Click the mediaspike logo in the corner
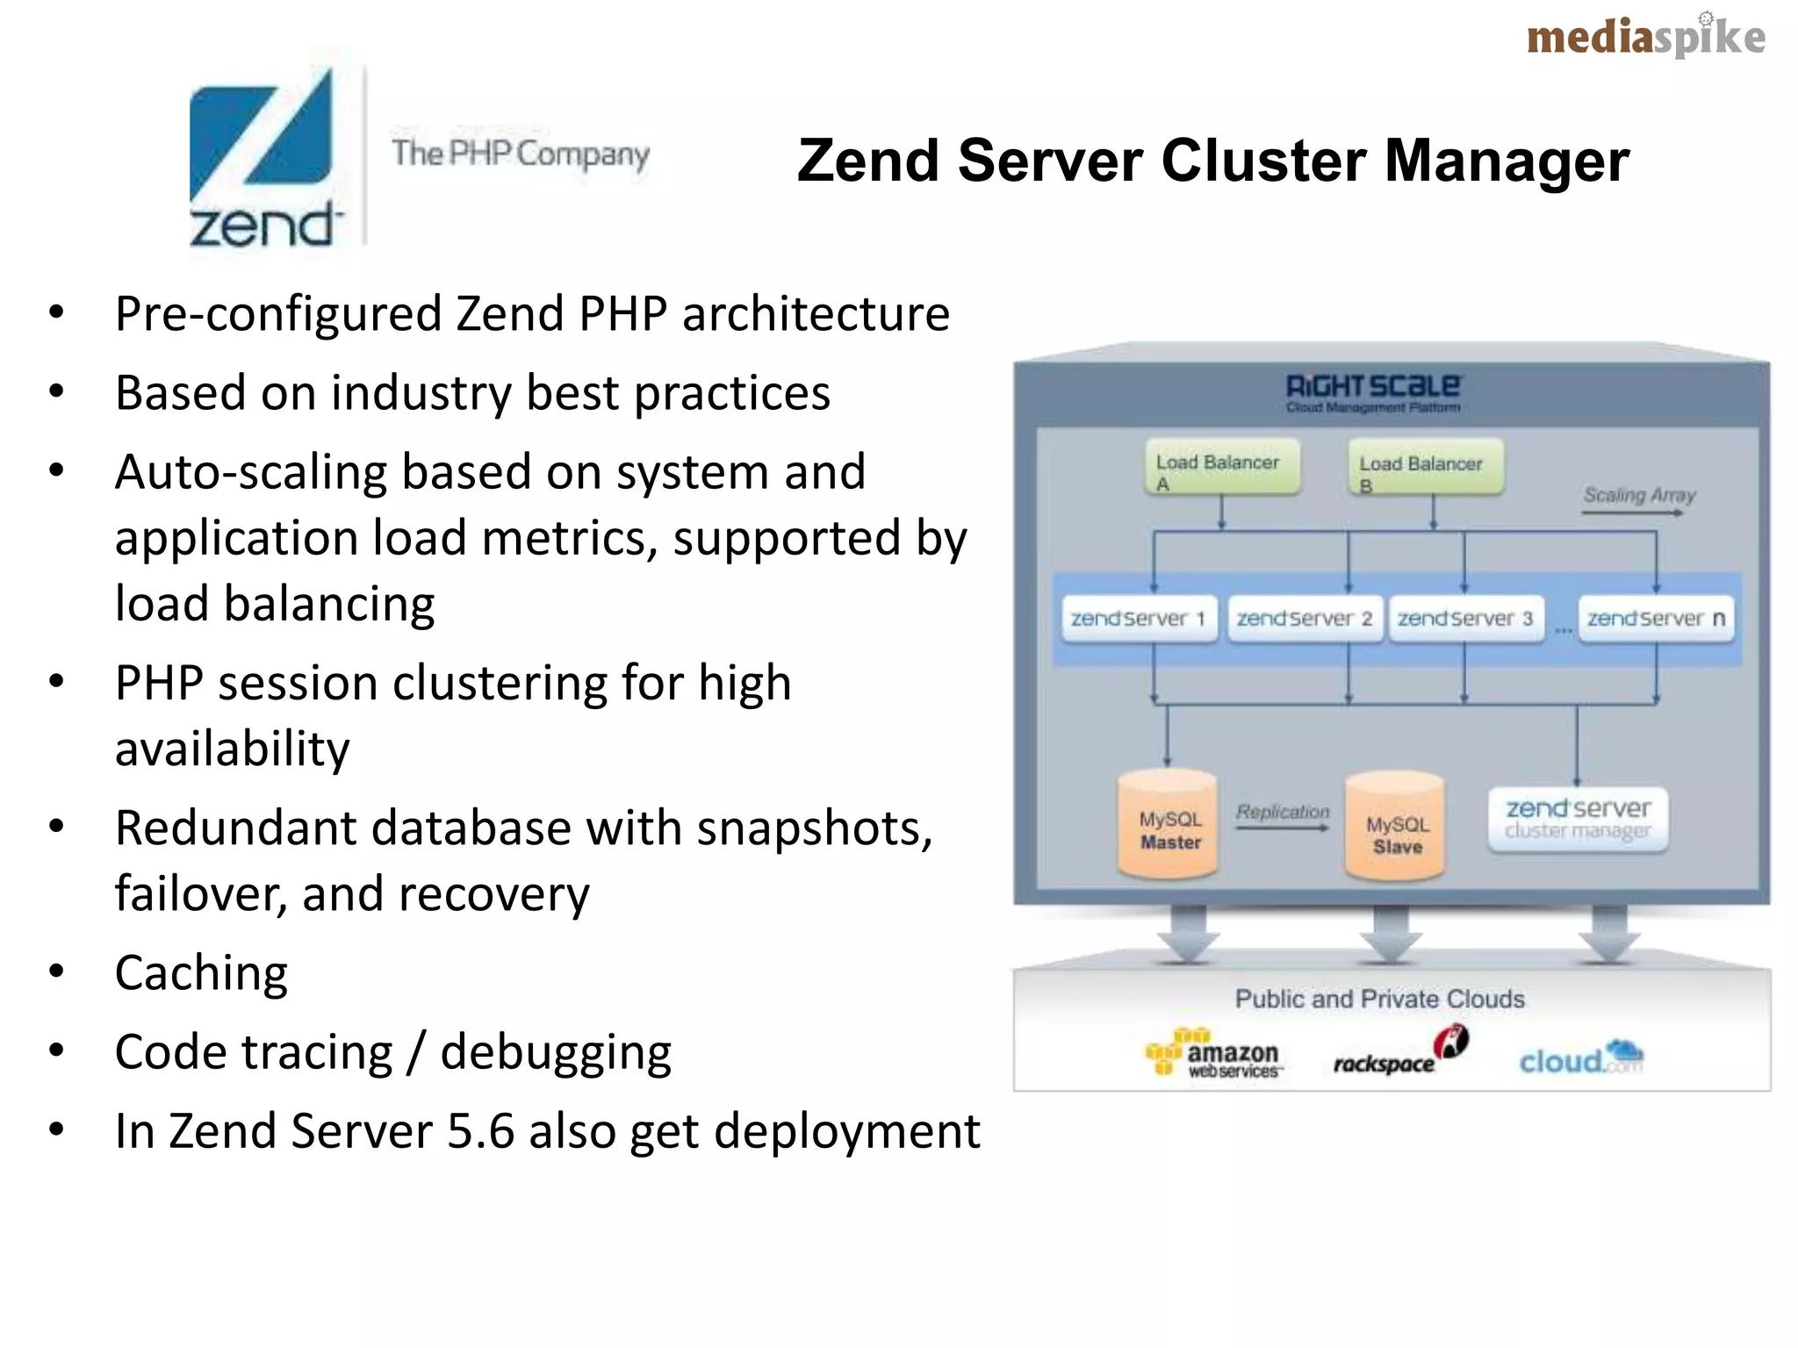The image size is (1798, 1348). pyautogui.click(x=1645, y=38)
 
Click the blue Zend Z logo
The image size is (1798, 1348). pyautogui.click(x=262, y=140)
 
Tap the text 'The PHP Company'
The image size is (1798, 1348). pyautogui.click(x=520, y=154)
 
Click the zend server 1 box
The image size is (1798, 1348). pyautogui.click(x=1139, y=619)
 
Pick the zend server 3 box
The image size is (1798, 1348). pyautogui.click(x=1465, y=619)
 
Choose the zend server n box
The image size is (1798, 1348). pyautogui.click(x=1655, y=619)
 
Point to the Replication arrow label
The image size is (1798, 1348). pyautogui.click(x=1283, y=812)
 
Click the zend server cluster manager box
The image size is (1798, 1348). pyautogui.click(x=1578, y=819)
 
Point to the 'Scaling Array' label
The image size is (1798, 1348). pyautogui.click(x=1638, y=495)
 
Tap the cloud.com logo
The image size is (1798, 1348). pyautogui.click(x=1580, y=1058)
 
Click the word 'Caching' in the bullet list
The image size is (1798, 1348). pyautogui.click(x=201, y=973)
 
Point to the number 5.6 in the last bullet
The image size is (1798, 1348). pyautogui.click(x=480, y=1131)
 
